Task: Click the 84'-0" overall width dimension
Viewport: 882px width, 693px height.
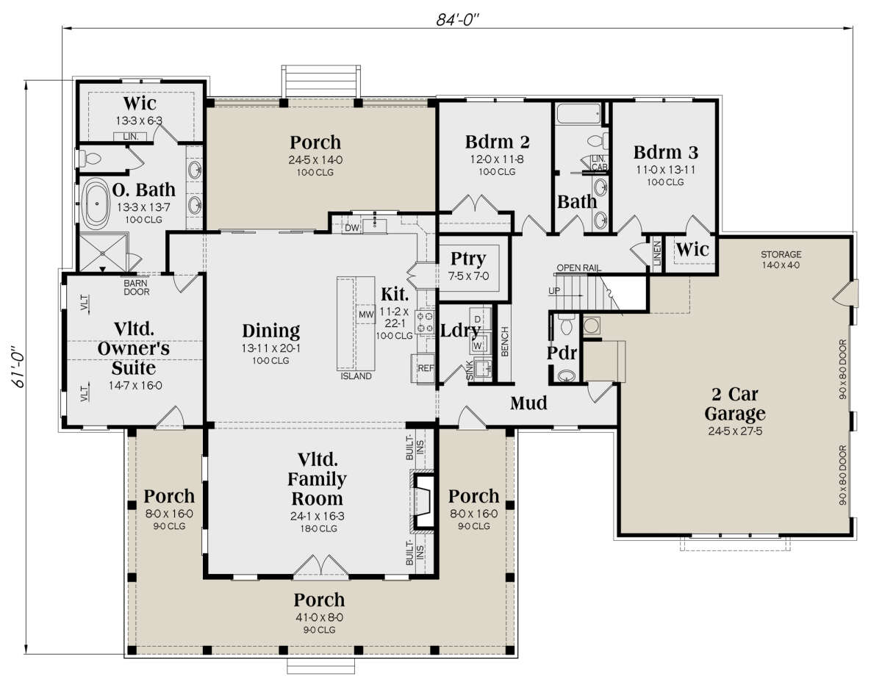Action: coord(458,19)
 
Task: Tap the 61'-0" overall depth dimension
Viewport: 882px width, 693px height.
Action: coord(18,367)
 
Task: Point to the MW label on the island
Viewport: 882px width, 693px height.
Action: coord(366,314)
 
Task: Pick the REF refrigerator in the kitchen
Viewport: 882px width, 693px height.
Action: coord(426,368)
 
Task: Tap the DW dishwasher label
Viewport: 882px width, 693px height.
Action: coord(352,228)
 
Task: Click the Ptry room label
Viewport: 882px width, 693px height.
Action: coord(468,258)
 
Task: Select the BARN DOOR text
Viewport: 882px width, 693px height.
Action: coord(137,287)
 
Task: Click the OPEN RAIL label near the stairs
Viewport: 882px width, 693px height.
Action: coord(578,267)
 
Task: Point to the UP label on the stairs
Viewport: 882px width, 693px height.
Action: coord(554,290)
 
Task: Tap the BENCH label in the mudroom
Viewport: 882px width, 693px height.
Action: coord(505,342)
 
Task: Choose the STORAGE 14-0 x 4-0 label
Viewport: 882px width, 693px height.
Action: coord(781,259)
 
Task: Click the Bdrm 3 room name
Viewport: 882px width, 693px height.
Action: coord(666,152)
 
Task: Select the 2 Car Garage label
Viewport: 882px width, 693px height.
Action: coord(735,403)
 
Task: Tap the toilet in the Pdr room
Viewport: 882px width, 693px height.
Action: coord(565,325)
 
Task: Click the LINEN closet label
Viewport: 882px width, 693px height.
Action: coord(658,254)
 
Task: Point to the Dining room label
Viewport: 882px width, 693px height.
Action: coord(271,331)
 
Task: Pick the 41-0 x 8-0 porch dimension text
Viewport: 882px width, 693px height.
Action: coord(320,617)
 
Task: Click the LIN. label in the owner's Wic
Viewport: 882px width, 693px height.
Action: coord(131,137)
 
